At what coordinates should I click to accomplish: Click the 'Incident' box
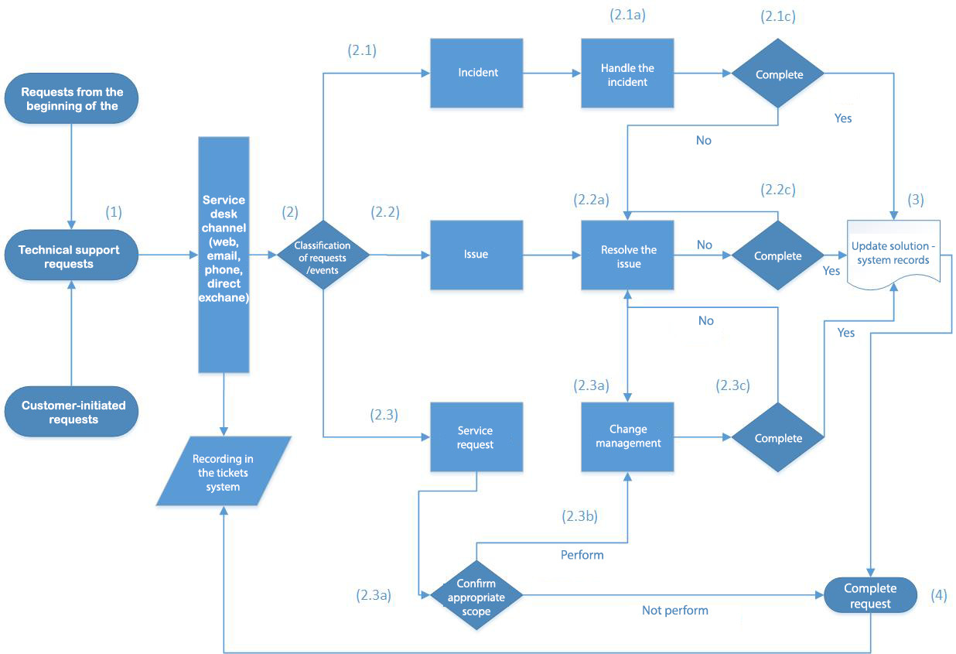[x=476, y=73]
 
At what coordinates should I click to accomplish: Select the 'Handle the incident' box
[x=627, y=73]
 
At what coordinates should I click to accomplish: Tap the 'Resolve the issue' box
[x=627, y=255]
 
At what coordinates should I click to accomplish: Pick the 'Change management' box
[x=627, y=437]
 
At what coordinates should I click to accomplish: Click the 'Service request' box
[x=476, y=437]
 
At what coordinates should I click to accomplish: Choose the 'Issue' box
[x=476, y=255]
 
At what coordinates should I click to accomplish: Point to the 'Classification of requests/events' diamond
[x=323, y=255]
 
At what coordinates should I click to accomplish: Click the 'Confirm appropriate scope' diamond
[x=476, y=595]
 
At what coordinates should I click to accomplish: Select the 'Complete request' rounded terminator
[x=870, y=595]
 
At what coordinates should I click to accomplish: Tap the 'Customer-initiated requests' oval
[x=71, y=412]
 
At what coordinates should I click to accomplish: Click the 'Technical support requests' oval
[x=71, y=255]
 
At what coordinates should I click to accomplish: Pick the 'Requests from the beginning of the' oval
[x=71, y=98]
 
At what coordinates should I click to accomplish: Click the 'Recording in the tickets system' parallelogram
[x=224, y=471]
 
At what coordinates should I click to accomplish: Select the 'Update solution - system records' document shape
[x=893, y=255]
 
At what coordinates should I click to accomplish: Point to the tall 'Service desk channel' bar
[x=224, y=255]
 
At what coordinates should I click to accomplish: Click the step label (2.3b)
[x=579, y=516]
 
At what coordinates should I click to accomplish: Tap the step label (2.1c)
[x=777, y=16]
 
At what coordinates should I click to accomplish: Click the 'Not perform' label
[x=674, y=611]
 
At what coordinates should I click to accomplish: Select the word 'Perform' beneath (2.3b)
[x=582, y=555]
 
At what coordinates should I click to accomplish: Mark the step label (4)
[x=938, y=595]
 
